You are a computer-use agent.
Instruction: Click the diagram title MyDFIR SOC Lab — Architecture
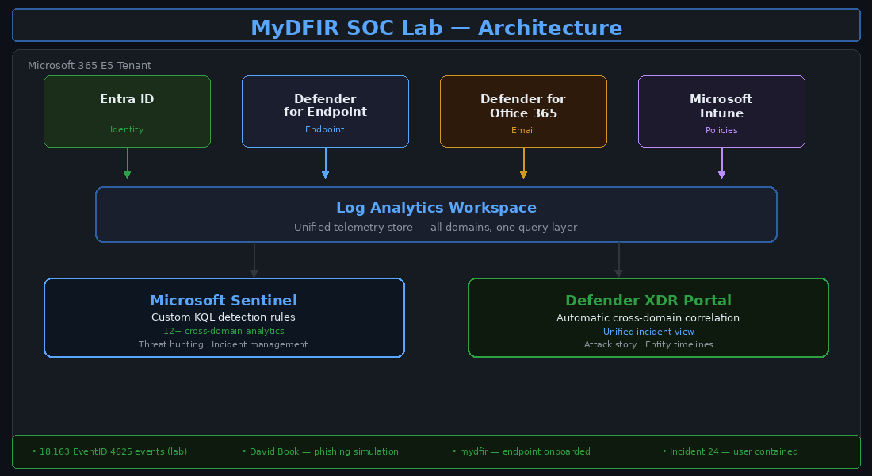[436, 28]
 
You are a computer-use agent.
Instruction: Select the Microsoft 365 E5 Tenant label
[90, 66]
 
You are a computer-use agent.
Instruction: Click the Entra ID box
[127, 111]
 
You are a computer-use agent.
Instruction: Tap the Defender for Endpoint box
[325, 111]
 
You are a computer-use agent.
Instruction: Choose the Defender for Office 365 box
[523, 111]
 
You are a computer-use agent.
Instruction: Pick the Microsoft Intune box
[721, 111]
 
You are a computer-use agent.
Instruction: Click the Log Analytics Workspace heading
[436, 208]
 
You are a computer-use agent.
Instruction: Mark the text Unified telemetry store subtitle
[436, 228]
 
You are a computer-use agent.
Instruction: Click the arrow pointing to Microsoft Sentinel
[254, 261]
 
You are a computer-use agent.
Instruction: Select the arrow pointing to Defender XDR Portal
[618, 261]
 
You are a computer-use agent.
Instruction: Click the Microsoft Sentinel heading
[224, 301]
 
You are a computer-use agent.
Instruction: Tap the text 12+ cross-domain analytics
[224, 331]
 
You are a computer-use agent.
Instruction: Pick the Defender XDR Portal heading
[648, 301]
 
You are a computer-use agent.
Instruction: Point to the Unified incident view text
[648, 332]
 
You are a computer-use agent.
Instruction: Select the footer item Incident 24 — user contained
[730, 451]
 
